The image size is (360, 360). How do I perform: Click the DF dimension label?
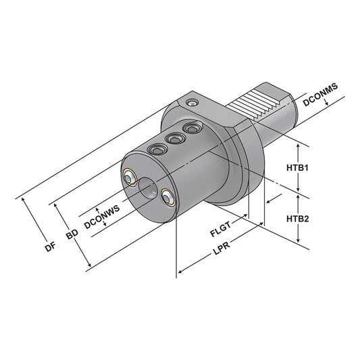(x=49, y=247)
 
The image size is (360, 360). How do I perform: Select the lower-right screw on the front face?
(x=167, y=198)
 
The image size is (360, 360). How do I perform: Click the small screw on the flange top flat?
(x=195, y=103)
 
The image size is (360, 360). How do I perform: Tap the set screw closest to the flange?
(x=194, y=127)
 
